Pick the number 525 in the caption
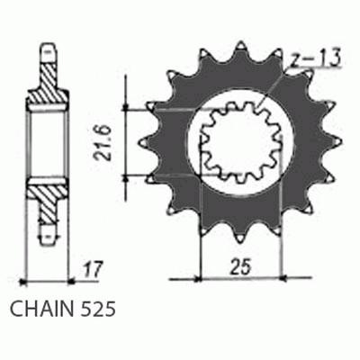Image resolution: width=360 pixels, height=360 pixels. coord(97,310)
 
